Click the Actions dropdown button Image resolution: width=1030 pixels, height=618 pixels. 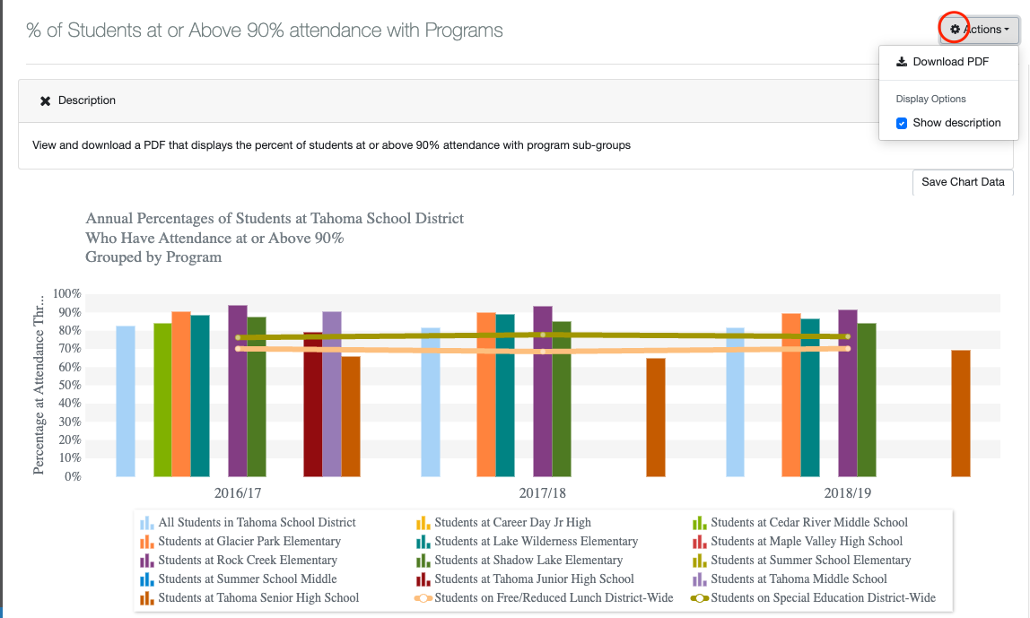tap(979, 30)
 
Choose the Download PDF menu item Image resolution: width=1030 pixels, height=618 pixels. tap(950, 62)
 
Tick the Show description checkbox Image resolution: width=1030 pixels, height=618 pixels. tap(903, 123)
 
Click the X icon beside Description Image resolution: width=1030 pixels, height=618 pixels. tap(45, 100)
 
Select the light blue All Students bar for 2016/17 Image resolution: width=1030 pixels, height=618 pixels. tap(126, 401)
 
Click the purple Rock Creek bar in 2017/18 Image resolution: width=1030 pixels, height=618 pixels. tap(543, 391)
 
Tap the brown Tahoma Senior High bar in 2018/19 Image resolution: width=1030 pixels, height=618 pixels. tap(960, 413)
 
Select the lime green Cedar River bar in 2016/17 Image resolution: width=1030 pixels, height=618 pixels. tap(162, 400)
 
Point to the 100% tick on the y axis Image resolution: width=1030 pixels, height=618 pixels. tap(67, 294)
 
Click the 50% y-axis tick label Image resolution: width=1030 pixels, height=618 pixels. tap(69, 386)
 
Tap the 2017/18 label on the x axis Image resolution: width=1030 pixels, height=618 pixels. tap(543, 493)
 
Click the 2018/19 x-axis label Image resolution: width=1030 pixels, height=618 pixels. tap(848, 493)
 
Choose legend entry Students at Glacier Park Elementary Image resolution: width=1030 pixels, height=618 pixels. tap(249, 542)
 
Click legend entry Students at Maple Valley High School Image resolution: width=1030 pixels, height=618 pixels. tap(807, 542)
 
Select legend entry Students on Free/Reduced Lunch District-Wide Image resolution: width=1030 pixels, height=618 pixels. tap(554, 598)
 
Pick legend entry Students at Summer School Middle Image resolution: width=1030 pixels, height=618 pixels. tap(248, 579)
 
